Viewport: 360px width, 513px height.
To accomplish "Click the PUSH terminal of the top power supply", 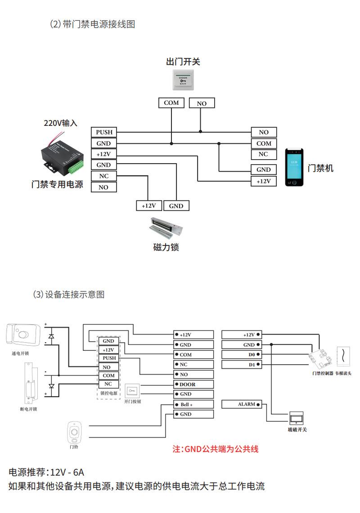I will [103, 132].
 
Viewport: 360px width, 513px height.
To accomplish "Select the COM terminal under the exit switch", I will [171, 103].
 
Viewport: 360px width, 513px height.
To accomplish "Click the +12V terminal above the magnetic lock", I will [148, 206].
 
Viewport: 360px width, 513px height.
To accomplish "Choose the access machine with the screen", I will [294, 167].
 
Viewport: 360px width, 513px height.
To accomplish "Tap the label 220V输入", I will [60, 123].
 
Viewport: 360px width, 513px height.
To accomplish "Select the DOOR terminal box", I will [193, 384].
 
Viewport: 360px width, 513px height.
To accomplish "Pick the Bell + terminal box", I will [193, 404].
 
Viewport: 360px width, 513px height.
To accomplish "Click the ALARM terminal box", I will [242, 405].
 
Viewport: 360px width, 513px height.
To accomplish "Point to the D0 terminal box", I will [242, 355].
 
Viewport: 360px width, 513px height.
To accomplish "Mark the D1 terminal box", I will [242, 365].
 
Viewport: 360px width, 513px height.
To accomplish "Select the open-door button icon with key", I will [133, 391].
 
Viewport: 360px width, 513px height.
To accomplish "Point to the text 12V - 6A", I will [67, 473].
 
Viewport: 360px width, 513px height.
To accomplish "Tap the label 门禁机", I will [320, 169].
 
